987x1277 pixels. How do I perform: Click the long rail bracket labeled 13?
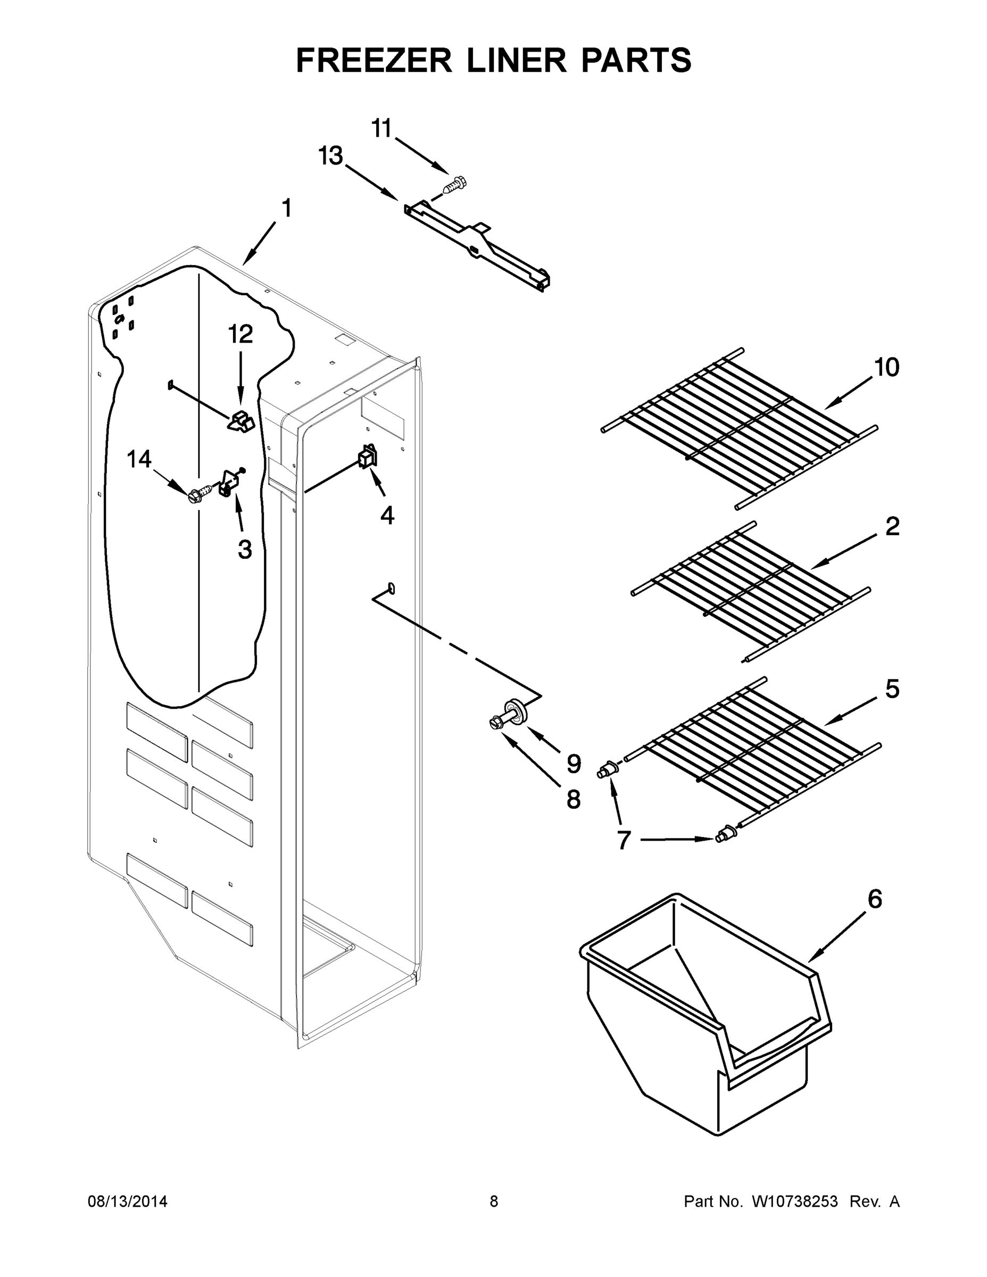[477, 245]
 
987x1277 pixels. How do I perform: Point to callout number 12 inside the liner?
[240, 335]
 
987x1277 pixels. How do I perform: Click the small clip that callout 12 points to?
[241, 421]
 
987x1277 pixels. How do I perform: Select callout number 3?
[244, 549]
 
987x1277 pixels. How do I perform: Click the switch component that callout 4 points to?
[368, 457]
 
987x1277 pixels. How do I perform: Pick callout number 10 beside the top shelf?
[886, 368]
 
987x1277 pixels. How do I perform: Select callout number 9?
[574, 763]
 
